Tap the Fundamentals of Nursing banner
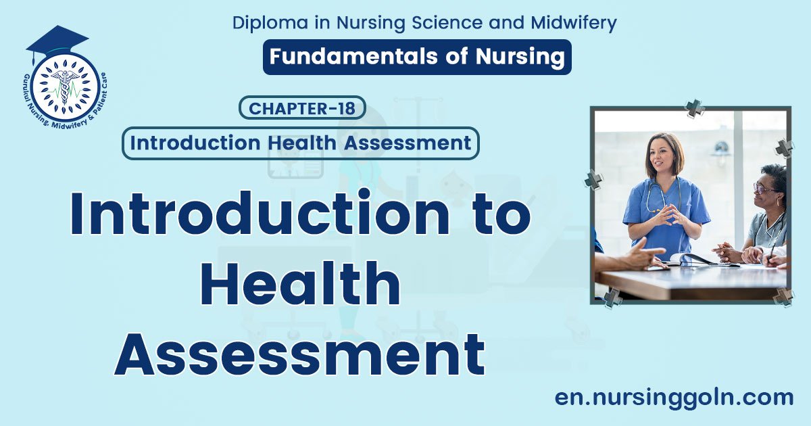(x=417, y=57)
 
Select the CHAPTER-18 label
(x=302, y=108)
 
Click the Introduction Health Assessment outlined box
(x=300, y=143)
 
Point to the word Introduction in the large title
(x=259, y=213)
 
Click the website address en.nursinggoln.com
(x=674, y=398)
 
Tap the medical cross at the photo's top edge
(x=694, y=108)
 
